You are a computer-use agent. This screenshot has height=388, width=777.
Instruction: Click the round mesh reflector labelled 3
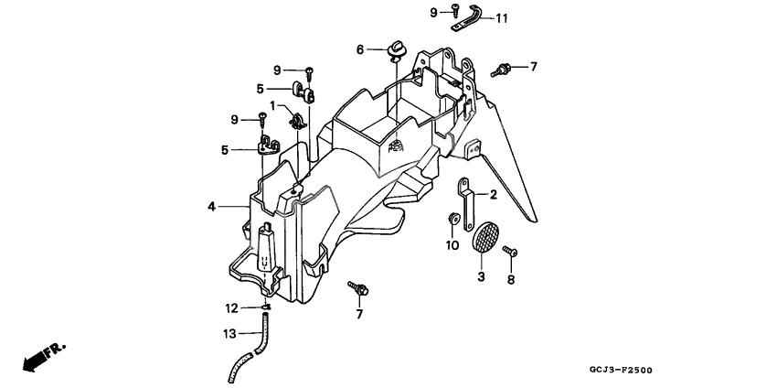[485, 238]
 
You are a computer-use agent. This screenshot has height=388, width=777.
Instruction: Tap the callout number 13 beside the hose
[229, 333]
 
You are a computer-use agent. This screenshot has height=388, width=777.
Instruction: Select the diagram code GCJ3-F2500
[621, 370]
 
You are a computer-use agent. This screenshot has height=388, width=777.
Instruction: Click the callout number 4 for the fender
[211, 207]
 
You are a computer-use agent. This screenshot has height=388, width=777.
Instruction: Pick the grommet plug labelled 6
[397, 50]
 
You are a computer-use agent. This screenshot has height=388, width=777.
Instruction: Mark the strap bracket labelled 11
[468, 19]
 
